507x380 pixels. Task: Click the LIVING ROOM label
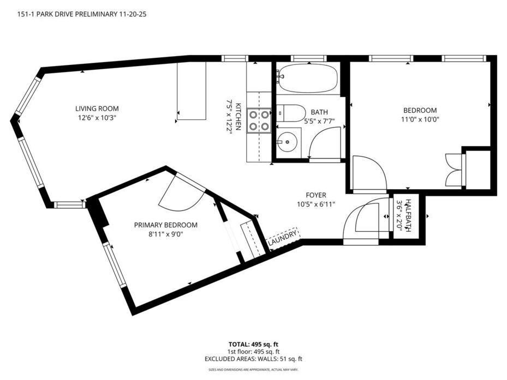(x=97, y=108)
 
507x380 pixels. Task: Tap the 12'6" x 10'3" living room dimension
(x=97, y=118)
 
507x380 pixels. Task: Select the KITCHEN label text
(x=238, y=116)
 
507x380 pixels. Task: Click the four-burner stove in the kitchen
(x=259, y=120)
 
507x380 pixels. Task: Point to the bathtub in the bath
(x=307, y=78)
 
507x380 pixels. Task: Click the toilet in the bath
(x=291, y=113)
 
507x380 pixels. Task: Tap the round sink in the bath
(x=287, y=142)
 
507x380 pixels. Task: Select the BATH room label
(x=319, y=112)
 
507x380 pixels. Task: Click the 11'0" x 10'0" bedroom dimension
(x=420, y=119)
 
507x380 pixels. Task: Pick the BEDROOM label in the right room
(x=420, y=110)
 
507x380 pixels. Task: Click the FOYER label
(x=316, y=195)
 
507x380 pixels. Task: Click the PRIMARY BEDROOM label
(x=165, y=225)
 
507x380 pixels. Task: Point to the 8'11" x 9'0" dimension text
(x=165, y=234)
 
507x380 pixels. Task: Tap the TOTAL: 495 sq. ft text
(x=253, y=344)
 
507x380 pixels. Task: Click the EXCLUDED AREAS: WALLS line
(x=253, y=359)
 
